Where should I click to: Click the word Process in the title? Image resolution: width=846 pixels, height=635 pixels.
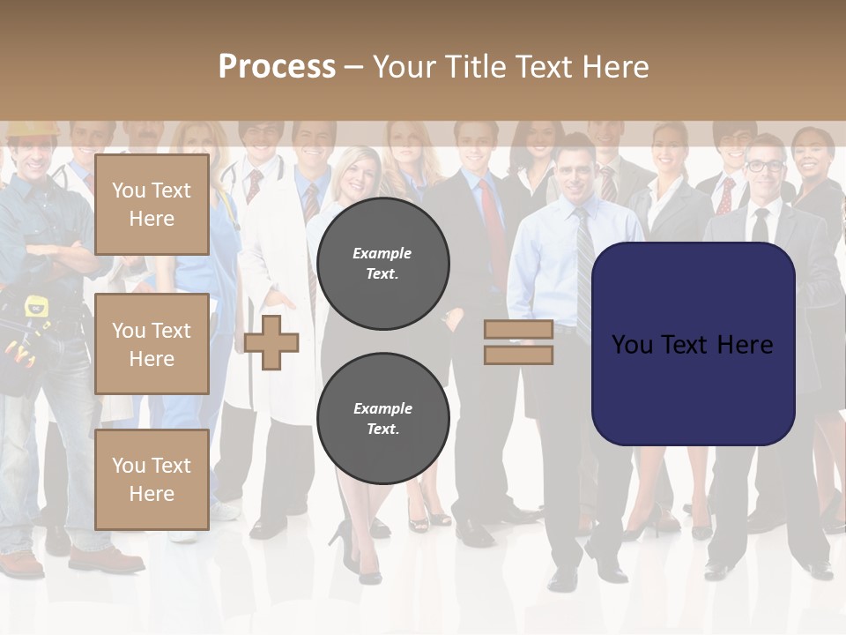pyautogui.click(x=277, y=66)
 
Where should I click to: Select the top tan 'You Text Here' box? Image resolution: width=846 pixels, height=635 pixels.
pyautogui.click(x=152, y=205)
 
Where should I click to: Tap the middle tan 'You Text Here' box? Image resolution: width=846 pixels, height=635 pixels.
pyautogui.click(x=152, y=344)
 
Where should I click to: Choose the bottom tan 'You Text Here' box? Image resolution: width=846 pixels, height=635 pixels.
pyautogui.click(x=152, y=479)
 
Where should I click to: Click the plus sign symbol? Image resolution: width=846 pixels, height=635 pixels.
pyautogui.click(x=271, y=342)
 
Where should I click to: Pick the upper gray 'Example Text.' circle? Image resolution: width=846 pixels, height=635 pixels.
pyautogui.click(x=382, y=264)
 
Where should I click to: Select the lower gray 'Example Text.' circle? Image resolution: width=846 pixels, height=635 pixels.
pyautogui.click(x=382, y=418)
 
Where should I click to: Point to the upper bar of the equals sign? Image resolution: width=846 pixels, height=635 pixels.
pyautogui.click(x=518, y=330)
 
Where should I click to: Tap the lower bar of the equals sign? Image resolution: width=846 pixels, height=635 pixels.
pyautogui.click(x=518, y=355)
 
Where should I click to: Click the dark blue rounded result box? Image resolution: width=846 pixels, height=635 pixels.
pyautogui.click(x=694, y=344)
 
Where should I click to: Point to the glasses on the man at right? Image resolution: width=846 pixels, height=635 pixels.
pyautogui.click(x=764, y=165)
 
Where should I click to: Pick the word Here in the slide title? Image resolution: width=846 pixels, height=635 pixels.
pyautogui.click(x=614, y=67)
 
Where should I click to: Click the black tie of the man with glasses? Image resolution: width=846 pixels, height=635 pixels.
pyautogui.click(x=760, y=225)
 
